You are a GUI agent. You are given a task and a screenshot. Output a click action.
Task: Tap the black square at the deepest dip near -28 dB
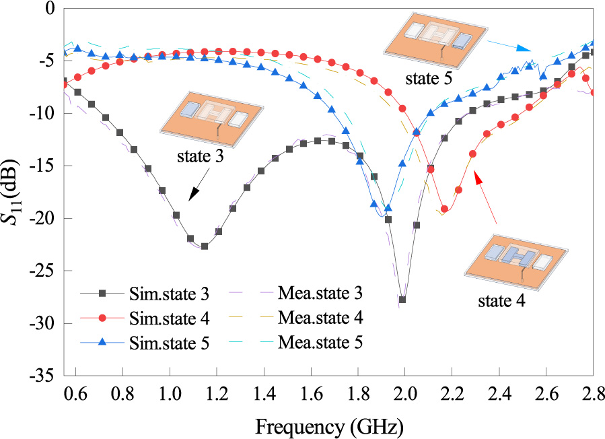402,300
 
